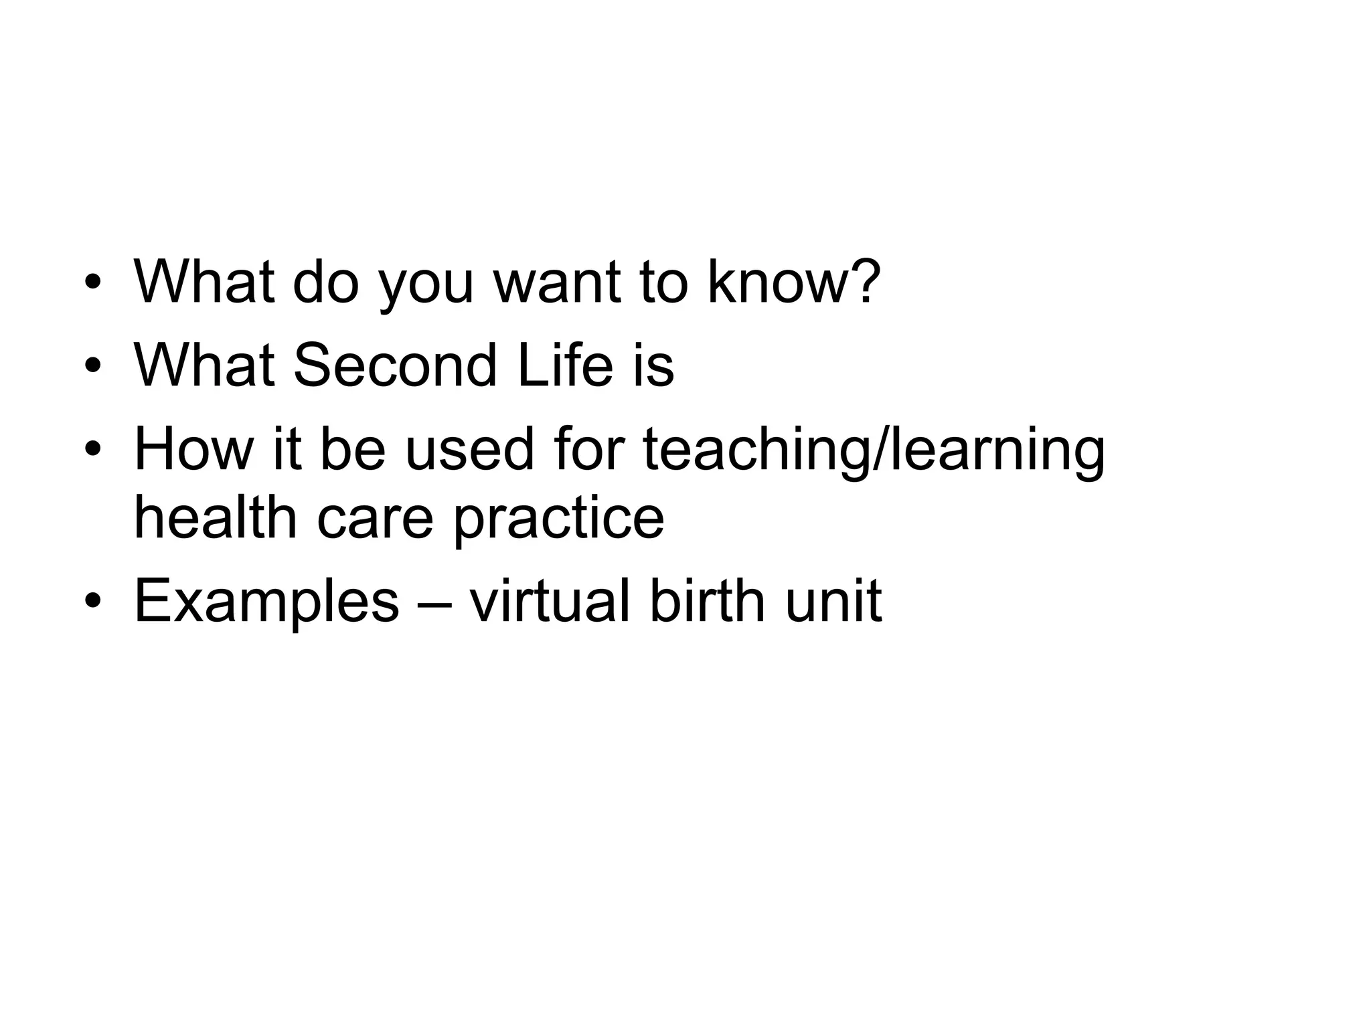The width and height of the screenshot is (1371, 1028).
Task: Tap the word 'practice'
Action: pyautogui.click(x=559, y=519)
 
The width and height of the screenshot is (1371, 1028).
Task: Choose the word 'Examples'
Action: pyautogui.click(x=266, y=602)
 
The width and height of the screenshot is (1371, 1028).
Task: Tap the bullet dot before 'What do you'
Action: pyautogui.click(x=93, y=282)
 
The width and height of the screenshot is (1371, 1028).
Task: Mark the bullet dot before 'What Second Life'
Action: pyautogui.click(x=93, y=366)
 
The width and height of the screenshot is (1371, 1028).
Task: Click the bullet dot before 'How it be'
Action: pyautogui.click(x=93, y=450)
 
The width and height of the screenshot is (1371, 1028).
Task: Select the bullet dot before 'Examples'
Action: pyautogui.click(x=93, y=600)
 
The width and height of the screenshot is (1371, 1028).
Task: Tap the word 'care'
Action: pyautogui.click(x=374, y=519)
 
